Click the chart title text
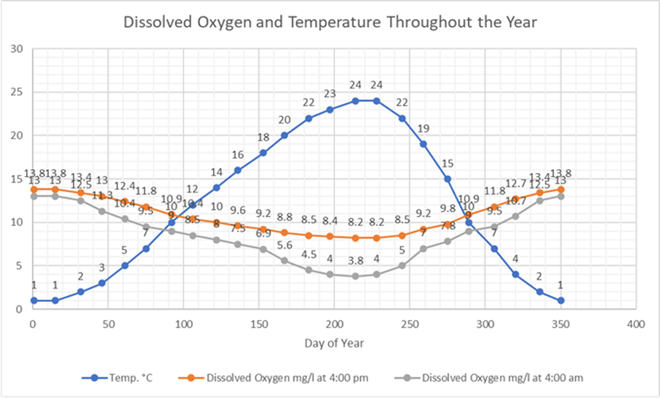[330, 23]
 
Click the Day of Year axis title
[334, 343]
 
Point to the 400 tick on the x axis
[636, 324]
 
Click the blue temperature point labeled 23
[330, 109]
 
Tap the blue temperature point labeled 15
[447, 179]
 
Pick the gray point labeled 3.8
[355, 276]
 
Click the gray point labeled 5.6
[285, 260]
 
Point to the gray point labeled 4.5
[309, 270]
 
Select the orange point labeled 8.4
[330, 236]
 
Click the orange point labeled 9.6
[238, 226]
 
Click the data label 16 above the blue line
[238, 155]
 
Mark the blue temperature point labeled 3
[102, 283]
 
